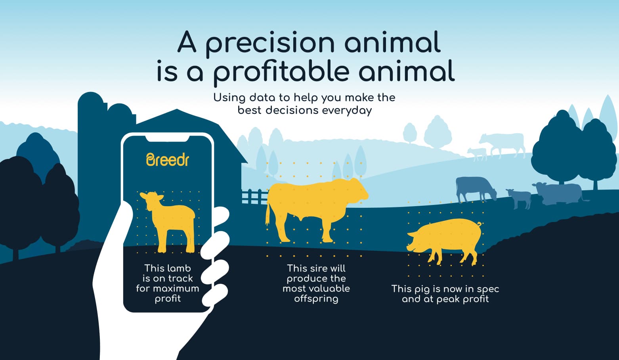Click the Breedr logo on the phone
coord(168,159)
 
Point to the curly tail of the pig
coord(479,225)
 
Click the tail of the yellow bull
coord(267,214)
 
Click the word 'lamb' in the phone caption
coord(179,268)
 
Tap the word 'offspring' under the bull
coord(316,299)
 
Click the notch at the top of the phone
coord(167,138)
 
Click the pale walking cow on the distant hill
coord(503,143)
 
